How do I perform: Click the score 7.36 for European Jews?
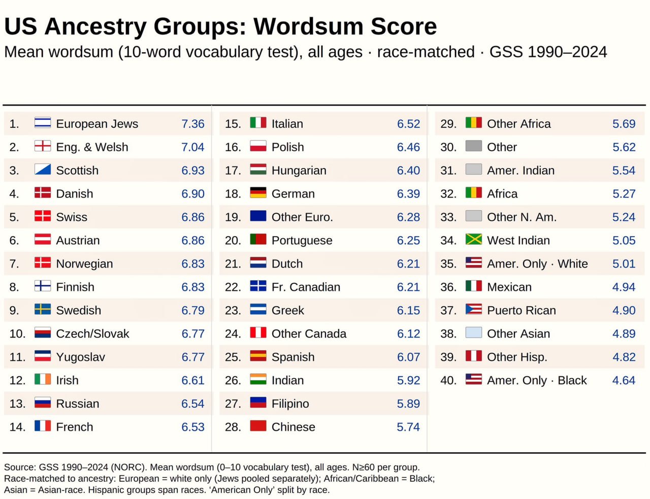[192, 124]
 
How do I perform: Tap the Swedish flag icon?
[43, 309]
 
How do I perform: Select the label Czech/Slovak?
[92, 334]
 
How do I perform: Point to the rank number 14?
[17, 427]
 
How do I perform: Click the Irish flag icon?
[43, 379]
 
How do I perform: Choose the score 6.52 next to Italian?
[408, 124]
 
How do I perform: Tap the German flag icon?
[258, 192]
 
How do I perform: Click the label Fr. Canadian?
[306, 287]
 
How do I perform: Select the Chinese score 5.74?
[408, 427]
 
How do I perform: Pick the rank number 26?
[233, 380]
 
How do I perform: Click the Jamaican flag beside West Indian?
[473, 239]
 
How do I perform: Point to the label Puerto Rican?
[522, 310]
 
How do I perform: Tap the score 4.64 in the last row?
[624, 380]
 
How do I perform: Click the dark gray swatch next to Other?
[473, 146]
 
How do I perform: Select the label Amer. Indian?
[521, 171]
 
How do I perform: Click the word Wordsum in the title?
[308, 26]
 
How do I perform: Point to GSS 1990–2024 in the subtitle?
[548, 52]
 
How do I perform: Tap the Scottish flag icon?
[43, 169]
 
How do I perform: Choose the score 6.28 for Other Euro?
[408, 217]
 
